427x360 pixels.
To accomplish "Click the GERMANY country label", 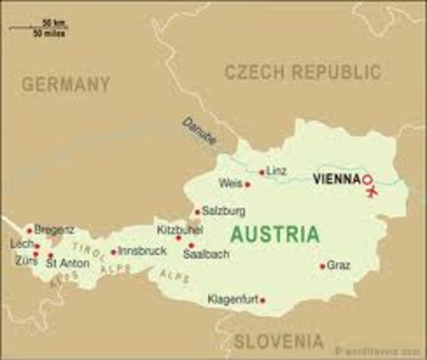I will pos(65,84).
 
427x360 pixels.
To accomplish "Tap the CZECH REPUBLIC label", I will pos(302,72).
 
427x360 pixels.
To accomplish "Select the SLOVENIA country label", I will pos(278,341).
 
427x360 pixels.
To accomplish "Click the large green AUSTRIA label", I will pos(275,232).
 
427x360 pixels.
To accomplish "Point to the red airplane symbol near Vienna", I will pos(371,192).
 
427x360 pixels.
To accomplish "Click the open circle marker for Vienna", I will pos(367,180).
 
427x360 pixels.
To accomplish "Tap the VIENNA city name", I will pos(335,180).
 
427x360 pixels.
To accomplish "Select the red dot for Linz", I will pos(262,172).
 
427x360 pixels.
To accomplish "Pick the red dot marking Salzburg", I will pos(197,211).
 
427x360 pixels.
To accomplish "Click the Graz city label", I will pos(339,265).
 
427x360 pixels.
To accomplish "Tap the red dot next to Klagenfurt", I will pos(262,300).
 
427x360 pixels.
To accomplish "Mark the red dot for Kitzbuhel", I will pos(179,238).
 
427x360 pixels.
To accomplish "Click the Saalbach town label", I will pos(206,255).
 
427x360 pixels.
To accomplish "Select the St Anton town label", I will pos(68,263).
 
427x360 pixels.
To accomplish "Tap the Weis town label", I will pos(230,183).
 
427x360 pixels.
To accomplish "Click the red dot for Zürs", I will pos(35,255).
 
